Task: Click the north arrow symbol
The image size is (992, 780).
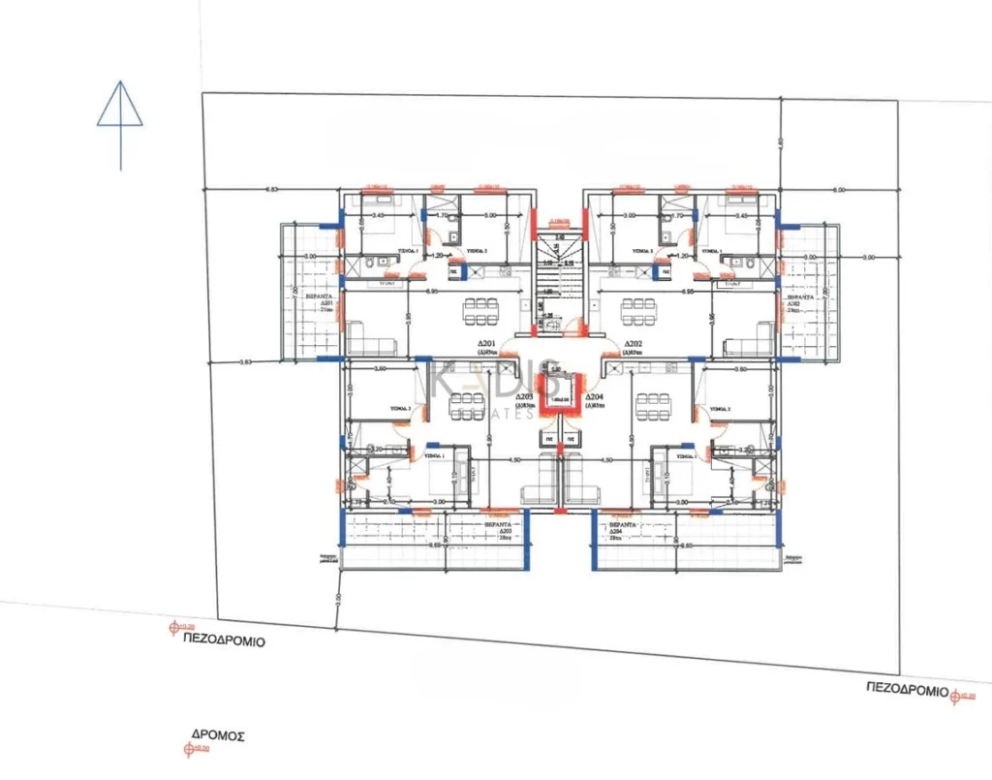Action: [x=120, y=116]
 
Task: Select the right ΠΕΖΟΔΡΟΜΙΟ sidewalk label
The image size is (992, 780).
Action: [x=906, y=687]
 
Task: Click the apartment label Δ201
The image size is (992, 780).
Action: [x=486, y=345]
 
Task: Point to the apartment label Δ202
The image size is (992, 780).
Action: [x=635, y=345]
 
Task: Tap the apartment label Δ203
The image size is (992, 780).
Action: [x=525, y=397]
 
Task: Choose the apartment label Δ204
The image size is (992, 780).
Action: [x=595, y=397]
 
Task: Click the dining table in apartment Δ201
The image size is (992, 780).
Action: [x=481, y=314]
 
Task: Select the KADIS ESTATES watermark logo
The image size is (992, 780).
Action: [x=494, y=388]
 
